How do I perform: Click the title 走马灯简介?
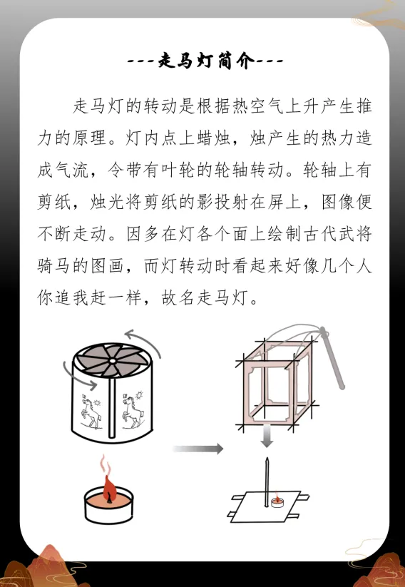[206, 61]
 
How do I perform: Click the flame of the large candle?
[109, 489]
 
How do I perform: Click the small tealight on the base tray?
[276, 501]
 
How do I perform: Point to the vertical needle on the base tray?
[267, 482]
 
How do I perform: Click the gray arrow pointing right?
[198, 449]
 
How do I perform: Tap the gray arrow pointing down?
[267, 436]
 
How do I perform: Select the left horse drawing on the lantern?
[91, 410]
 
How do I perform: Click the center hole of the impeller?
[112, 362]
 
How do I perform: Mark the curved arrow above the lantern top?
[144, 339]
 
